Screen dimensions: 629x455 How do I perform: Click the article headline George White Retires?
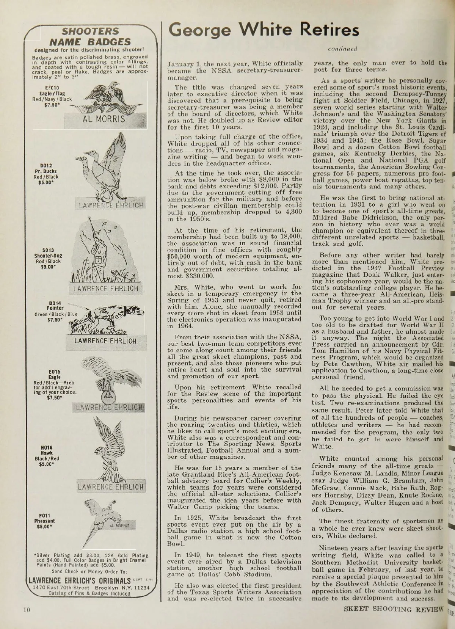(264, 30)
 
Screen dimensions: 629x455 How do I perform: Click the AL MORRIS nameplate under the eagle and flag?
(104, 119)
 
